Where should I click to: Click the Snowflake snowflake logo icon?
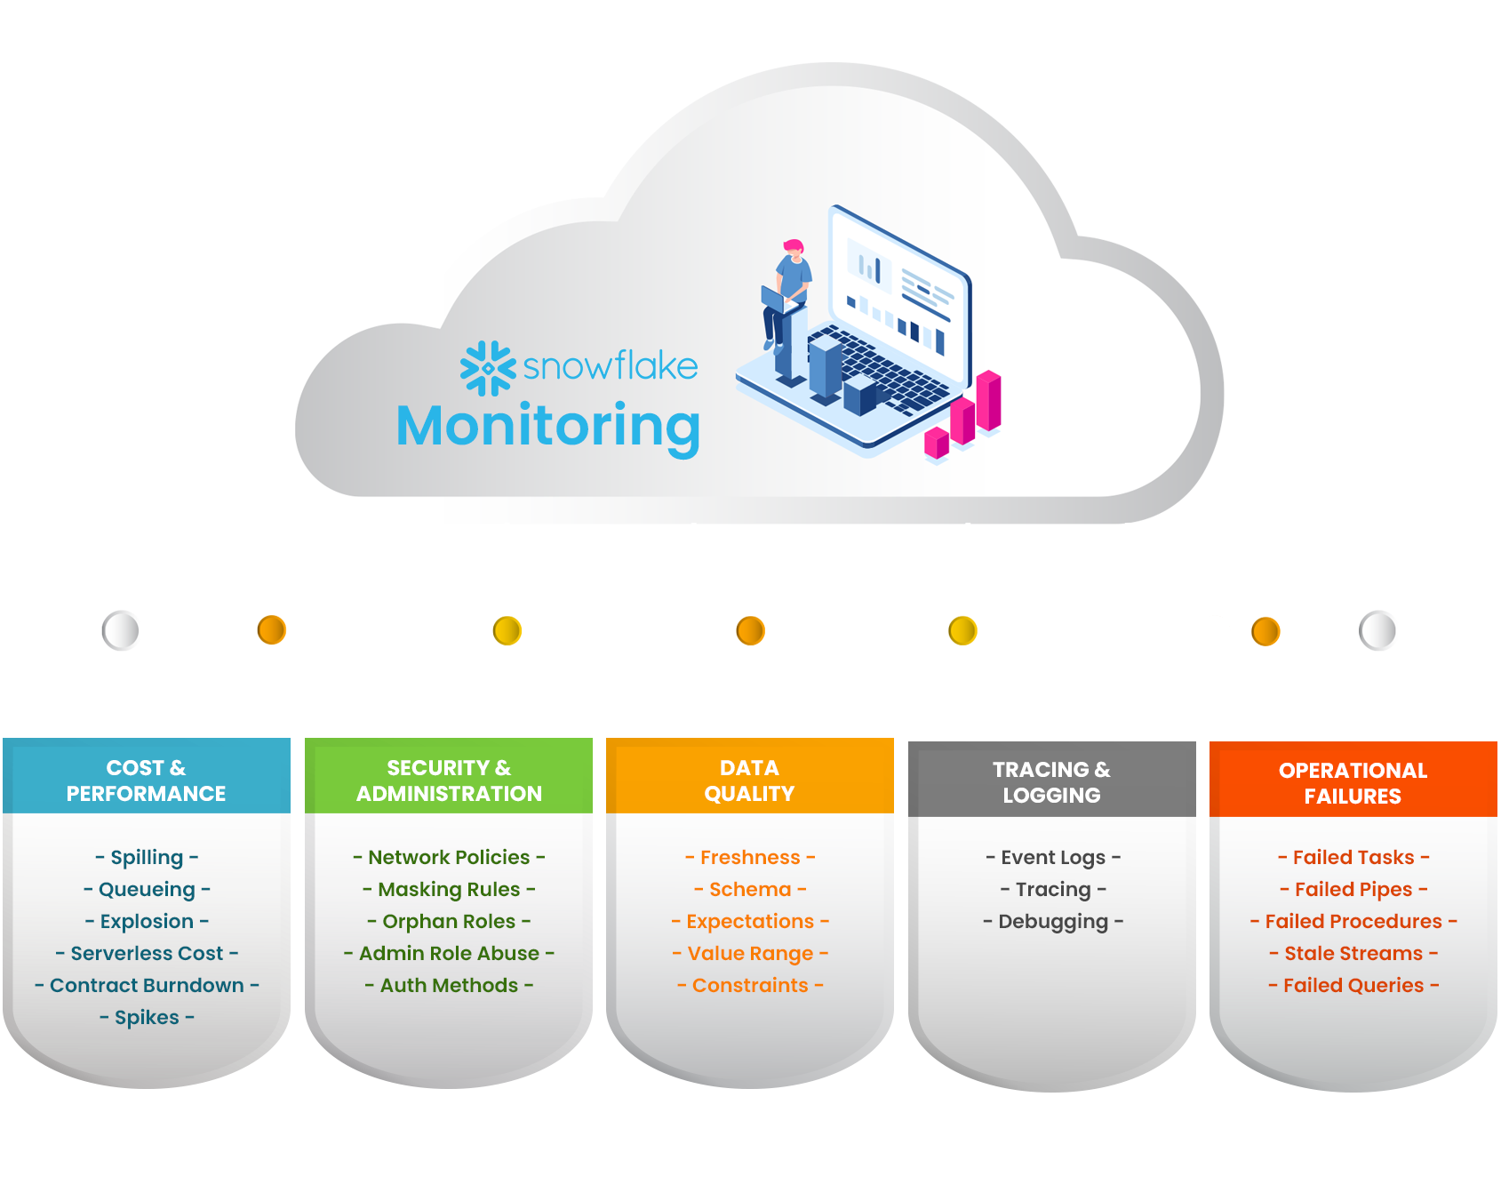(x=488, y=367)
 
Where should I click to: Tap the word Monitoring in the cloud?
(x=547, y=427)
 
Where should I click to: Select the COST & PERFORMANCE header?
(x=147, y=780)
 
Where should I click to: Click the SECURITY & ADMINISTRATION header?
(x=449, y=780)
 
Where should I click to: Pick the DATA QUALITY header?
(x=749, y=780)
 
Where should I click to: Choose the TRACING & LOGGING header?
(x=1051, y=781)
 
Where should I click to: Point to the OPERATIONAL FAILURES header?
(x=1353, y=782)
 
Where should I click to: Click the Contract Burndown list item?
(x=147, y=985)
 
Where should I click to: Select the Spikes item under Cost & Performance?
(x=147, y=1017)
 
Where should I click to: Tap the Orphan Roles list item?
(x=449, y=921)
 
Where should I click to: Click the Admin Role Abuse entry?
(x=449, y=953)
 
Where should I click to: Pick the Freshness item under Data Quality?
(x=750, y=857)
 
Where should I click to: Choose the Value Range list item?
(x=750, y=953)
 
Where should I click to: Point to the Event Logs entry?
(x=1053, y=857)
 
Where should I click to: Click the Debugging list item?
(x=1053, y=921)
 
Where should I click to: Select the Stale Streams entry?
(x=1353, y=953)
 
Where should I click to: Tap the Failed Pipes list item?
(x=1353, y=889)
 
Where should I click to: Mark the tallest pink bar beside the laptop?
(x=989, y=400)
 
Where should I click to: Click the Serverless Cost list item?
(x=147, y=953)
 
